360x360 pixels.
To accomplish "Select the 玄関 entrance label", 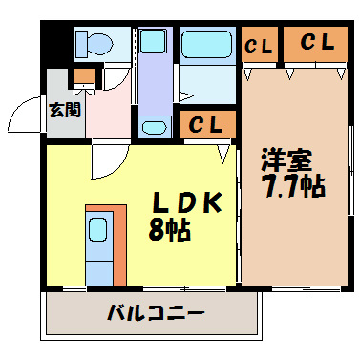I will pyautogui.click(x=66, y=109).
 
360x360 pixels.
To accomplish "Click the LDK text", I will pyautogui.click(x=187, y=204).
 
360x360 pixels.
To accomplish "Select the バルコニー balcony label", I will pyautogui.click(x=156, y=313).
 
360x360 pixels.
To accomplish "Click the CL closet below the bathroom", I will pyautogui.click(x=205, y=124).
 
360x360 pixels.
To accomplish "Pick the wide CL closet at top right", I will pyautogui.click(x=315, y=43).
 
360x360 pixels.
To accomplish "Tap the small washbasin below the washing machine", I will pyautogui.click(x=154, y=127).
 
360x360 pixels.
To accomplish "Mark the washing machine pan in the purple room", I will pyautogui.click(x=151, y=43).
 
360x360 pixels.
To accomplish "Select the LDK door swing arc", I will pyautogui.click(x=105, y=162).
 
